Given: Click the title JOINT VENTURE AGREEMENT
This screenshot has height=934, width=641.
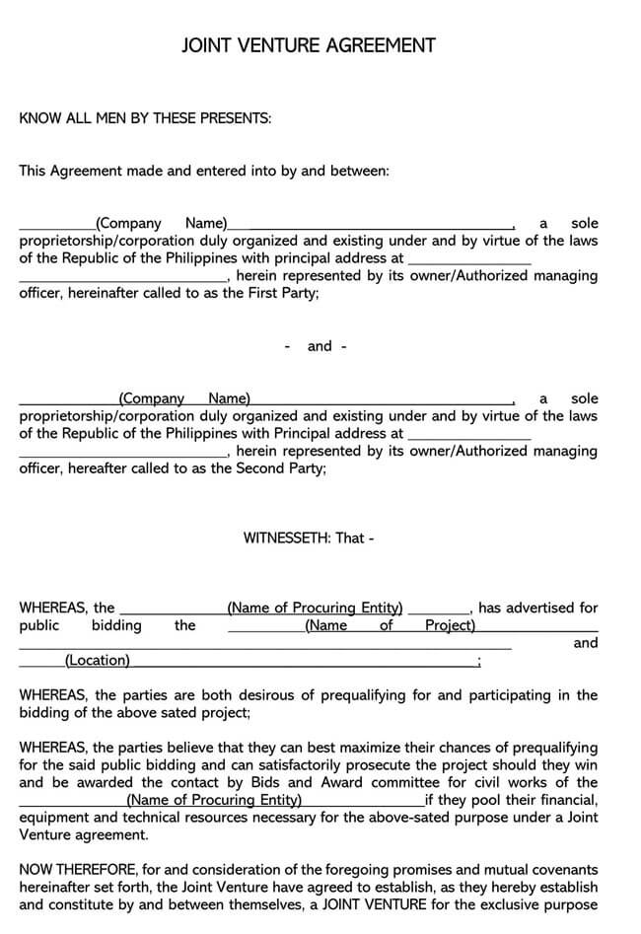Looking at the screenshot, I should click(309, 45).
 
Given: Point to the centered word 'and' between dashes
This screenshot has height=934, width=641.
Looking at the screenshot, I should click(320, 346).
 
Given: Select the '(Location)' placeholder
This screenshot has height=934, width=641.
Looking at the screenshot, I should click(97, 661).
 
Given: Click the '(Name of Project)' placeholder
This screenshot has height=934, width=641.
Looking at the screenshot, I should click(390, 625).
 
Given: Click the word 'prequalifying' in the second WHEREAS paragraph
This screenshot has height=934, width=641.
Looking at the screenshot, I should click(362, 695).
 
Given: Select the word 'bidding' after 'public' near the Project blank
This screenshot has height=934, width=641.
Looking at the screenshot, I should click(116, 625).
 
